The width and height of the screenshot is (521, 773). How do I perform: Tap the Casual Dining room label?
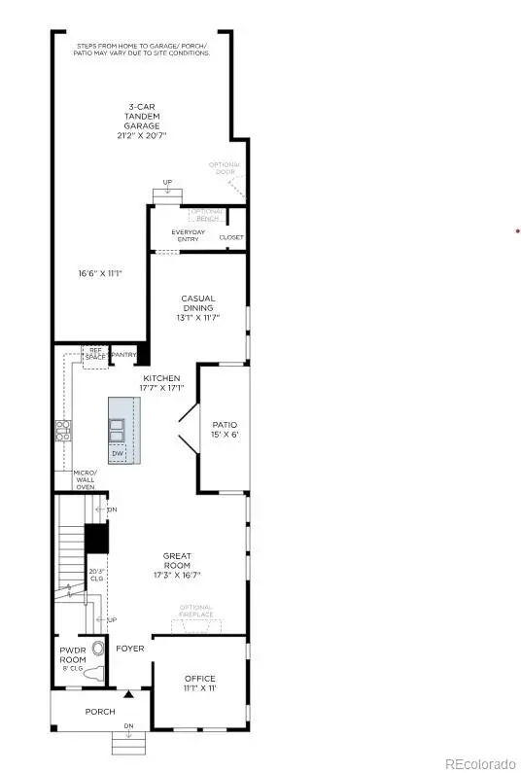[x=197, y=307]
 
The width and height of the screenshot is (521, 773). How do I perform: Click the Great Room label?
[x=177, y=565]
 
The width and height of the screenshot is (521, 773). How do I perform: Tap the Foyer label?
[x=129, y=649]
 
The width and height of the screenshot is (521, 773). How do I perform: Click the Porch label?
[x=100, y=712]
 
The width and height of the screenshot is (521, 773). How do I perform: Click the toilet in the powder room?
[x=93, y=674]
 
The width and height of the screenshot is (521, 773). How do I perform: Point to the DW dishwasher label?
[x=118, y=453]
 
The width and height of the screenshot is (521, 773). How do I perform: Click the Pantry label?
[x=123, y=356]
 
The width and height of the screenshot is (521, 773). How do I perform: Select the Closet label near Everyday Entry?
[x=231, y=237]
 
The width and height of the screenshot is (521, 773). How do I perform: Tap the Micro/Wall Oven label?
[x=86, y=479]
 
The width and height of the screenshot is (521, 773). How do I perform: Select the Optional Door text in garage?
[x=224, y=168]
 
